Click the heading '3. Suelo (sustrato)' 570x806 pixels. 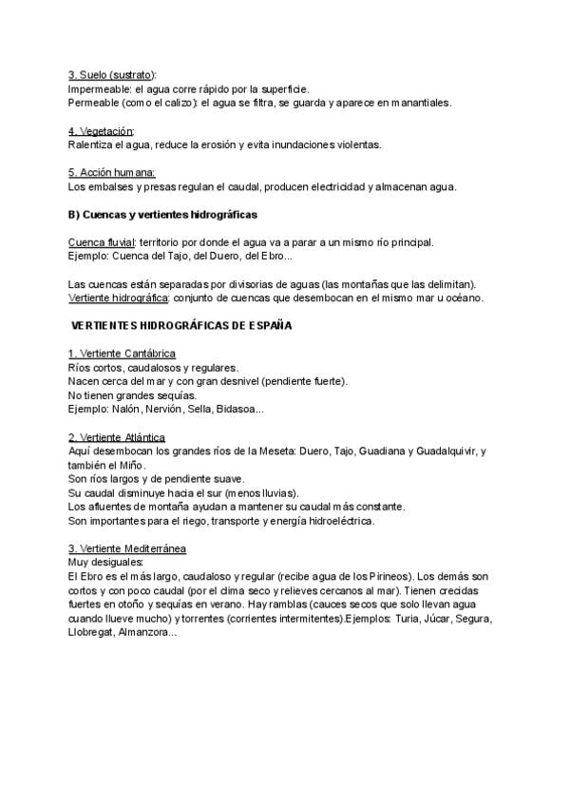pyautogui.click(x=112, y=74)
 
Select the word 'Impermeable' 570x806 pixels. pyautogui.click(x=99, y=88)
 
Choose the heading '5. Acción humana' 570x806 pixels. pyautogui.click(x=112, y=172)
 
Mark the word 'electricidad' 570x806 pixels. pyautogui.click(x=332, y=186)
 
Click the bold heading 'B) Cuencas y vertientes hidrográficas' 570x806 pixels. pyautogui.click(x=163, y=214)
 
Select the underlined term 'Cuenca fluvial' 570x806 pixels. pyautogui.click(x=103, y=242)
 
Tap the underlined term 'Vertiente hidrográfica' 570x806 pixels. pyautogui.click(x=118, y=297)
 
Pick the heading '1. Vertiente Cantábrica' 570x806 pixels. pyautogui.click(x=122, y=354)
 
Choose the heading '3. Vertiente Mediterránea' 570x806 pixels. pyautogui.click(x=127, y=548)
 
